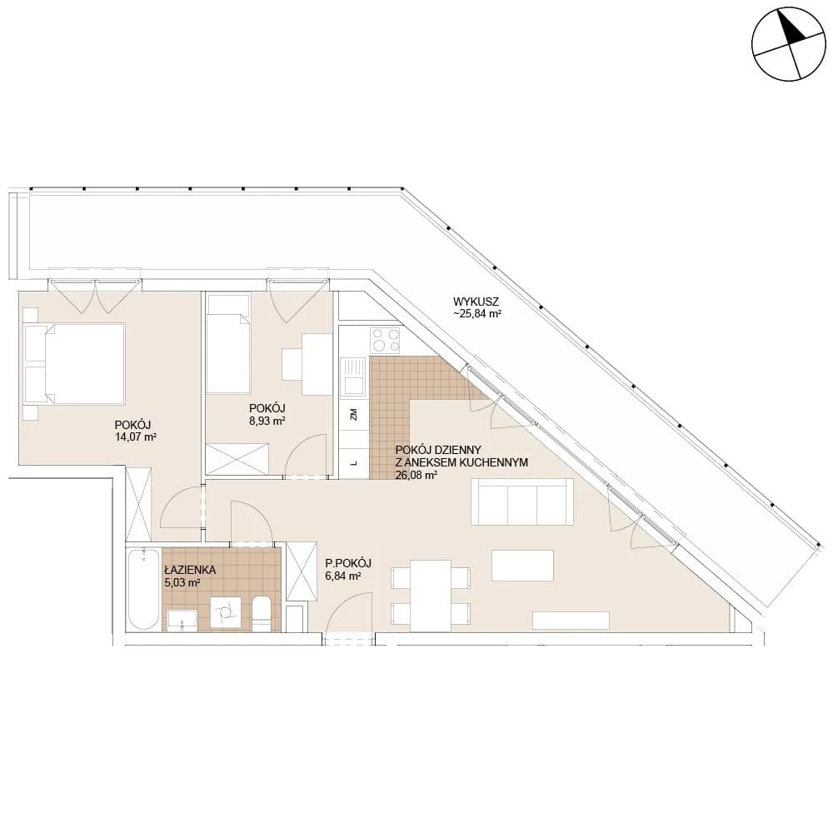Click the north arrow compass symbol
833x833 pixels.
[789, 45]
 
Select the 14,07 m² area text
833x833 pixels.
[136, 437]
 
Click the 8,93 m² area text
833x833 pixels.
[267, 421]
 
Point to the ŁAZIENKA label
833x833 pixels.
[190, 570]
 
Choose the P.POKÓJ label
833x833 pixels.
[348, 563]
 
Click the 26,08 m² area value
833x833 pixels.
[416, 475]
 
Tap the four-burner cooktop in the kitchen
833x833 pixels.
[386, 340]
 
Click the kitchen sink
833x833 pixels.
[352, 377]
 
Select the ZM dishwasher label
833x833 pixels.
[353, 414]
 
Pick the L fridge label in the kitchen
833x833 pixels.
[353, 462]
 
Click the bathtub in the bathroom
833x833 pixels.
[143, 589]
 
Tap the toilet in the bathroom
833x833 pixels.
[262, 614]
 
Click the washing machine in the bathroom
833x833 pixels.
[225, 614]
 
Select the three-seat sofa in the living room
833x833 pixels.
[523, 502]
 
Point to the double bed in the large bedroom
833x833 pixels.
[74, 364]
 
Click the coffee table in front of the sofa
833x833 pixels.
[523, 566]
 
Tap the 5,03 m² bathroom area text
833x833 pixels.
[182, 583]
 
